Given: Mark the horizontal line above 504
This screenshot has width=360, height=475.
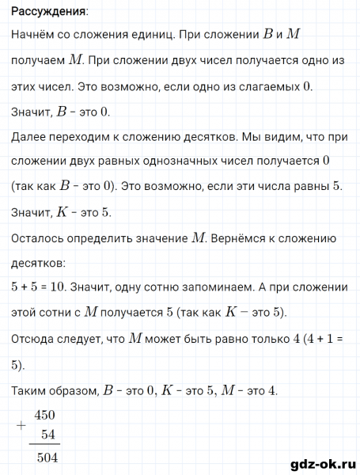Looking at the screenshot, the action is [48, 446].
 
